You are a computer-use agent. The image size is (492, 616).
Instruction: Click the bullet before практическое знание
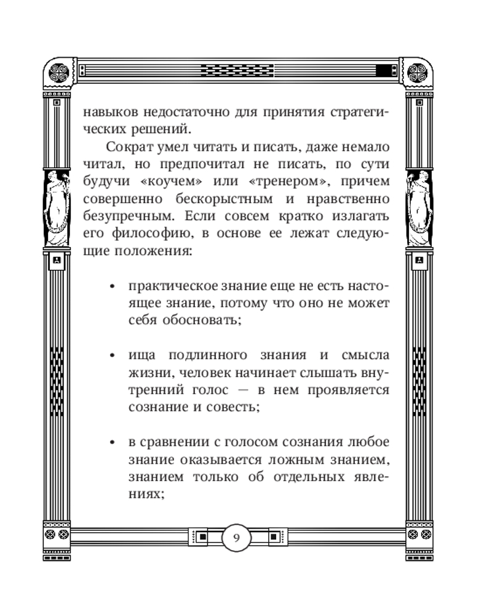[x=112, y=288]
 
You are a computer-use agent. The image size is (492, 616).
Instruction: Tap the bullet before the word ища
[x=112, y=356]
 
